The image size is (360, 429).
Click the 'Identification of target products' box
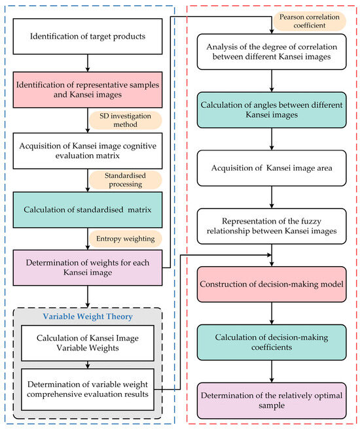(88, 37)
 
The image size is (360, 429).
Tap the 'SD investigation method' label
(124, 120)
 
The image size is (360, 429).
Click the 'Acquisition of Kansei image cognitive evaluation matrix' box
(88, 150)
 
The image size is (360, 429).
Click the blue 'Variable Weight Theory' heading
(88, 317)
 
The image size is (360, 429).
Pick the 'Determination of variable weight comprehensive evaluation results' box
(88, 390)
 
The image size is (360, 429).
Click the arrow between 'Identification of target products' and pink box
(88, 63)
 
